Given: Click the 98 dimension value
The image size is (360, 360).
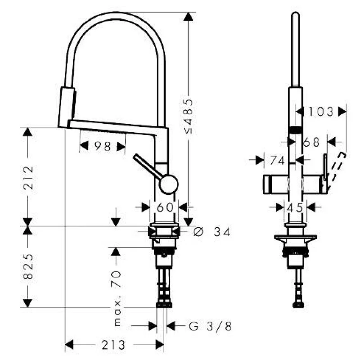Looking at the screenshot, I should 102,146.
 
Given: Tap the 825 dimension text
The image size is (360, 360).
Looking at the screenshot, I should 28,266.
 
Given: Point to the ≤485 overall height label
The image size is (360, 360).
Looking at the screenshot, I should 189,116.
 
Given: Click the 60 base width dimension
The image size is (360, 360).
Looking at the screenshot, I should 164,207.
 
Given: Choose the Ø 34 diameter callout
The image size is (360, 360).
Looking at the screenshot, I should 211,232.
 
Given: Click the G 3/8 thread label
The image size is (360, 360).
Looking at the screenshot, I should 210,326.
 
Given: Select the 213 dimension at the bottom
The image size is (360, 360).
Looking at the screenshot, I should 113,345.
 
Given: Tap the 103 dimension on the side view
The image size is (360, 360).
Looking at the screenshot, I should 321,112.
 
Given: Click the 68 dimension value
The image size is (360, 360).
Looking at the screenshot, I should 311,142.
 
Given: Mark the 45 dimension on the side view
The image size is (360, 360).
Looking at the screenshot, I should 295,207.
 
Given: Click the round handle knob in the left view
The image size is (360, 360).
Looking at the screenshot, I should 169,184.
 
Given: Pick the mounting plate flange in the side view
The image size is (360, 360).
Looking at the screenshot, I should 295,237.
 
